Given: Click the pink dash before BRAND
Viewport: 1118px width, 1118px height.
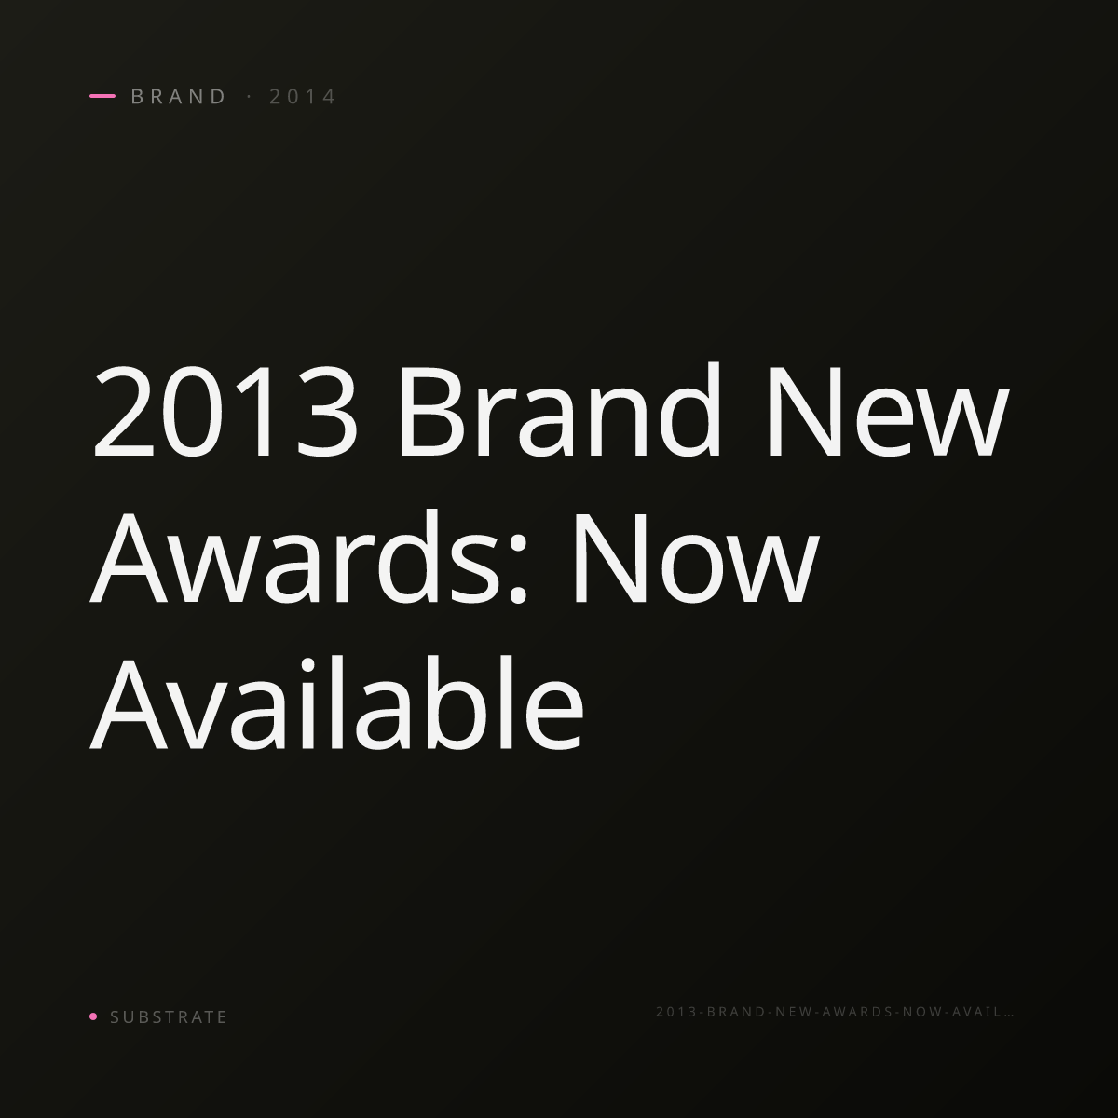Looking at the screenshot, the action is (x=102, y=96).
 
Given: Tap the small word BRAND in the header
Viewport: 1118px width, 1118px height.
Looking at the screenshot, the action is (x=178, y=96).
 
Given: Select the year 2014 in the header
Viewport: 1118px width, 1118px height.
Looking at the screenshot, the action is (x=302, y=96).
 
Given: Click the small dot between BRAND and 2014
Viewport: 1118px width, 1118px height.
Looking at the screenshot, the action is (x=250, y=96).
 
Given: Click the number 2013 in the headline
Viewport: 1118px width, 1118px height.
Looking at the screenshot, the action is (x=225, y=412).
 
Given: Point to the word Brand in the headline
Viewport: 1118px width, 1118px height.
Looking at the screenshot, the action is (x=561, y=409).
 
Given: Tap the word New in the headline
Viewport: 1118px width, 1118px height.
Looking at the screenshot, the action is (x=889, y=412).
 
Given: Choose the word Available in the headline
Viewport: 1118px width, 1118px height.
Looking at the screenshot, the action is (x=336, y=703).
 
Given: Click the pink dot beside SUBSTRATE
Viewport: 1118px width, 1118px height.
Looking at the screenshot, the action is (x=93, y=1016).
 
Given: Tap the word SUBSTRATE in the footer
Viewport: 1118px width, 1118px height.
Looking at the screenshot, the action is (x=169, y=1016).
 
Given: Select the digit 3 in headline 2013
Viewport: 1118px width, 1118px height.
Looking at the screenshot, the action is (x=327, y=412).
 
